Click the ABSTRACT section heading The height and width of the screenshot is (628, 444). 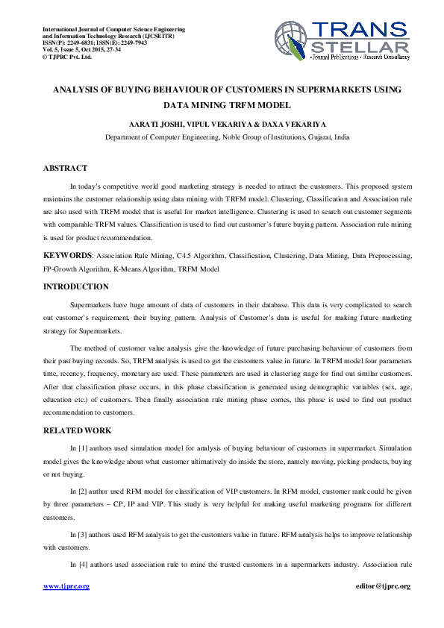65,169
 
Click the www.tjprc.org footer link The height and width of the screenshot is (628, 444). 66,586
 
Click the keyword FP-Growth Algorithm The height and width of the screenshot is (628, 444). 78,269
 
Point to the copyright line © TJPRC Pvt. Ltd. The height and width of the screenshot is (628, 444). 67,56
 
